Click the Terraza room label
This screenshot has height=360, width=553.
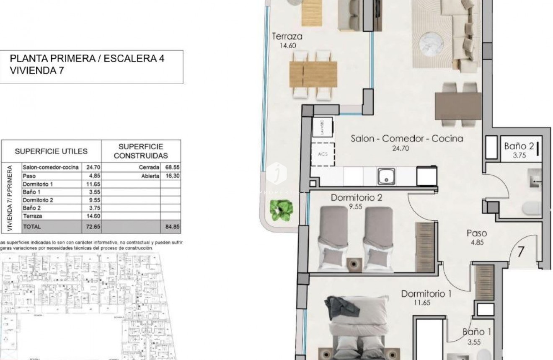click(287, 36)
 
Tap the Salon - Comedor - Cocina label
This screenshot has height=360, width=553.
click(407, 139)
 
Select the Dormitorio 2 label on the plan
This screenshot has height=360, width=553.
click(357, 197)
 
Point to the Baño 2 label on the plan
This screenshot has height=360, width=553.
click(519, 146)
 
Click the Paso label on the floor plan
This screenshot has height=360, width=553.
click(477, 233)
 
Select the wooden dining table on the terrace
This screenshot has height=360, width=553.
click(313, 75)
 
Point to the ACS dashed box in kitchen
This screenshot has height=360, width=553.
click(322, 154)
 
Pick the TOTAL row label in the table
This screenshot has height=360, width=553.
click(32, 227)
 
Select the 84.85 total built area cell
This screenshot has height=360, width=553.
click(172, 227)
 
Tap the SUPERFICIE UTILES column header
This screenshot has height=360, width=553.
click(52, 151)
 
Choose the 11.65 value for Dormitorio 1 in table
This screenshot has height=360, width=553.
click(92, 184)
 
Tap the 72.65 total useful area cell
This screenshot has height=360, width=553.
click(92, 227)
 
